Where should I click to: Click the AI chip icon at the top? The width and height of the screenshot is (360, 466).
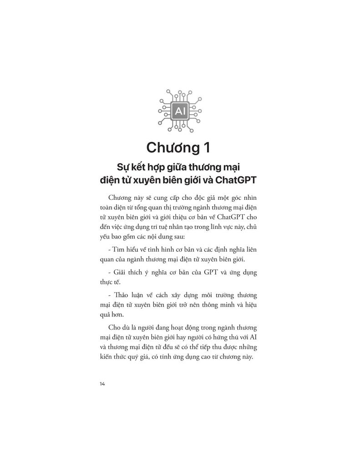click(180, 110)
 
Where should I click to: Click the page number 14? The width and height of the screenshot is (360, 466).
click(102, 384)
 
